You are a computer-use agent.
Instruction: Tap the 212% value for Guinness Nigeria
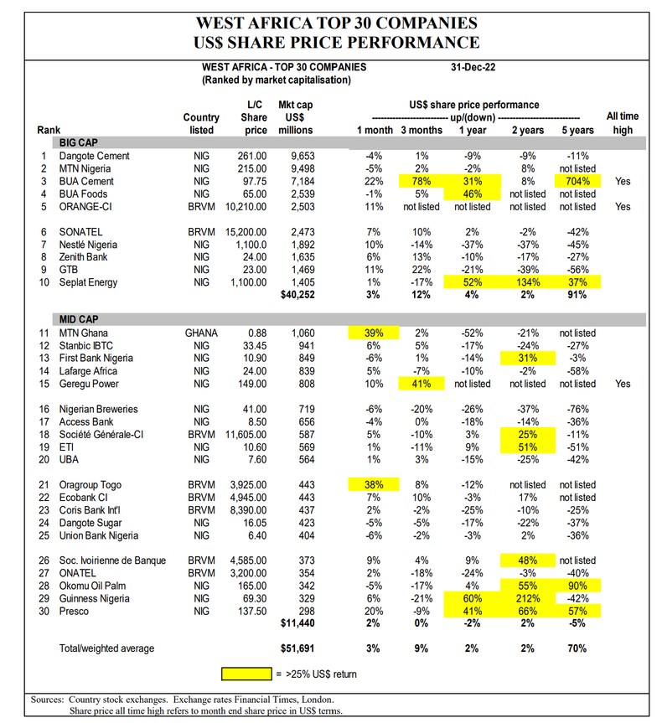[527, 598]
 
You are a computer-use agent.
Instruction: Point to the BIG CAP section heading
[76, 143]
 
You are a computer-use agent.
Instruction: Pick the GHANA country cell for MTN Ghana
[200, 333]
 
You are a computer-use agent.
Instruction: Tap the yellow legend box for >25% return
[249, 673]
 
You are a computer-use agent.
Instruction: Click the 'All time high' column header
[620, 123]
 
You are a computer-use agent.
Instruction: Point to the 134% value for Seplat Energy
[527, 282]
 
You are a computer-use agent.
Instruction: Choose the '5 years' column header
[577, 130]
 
